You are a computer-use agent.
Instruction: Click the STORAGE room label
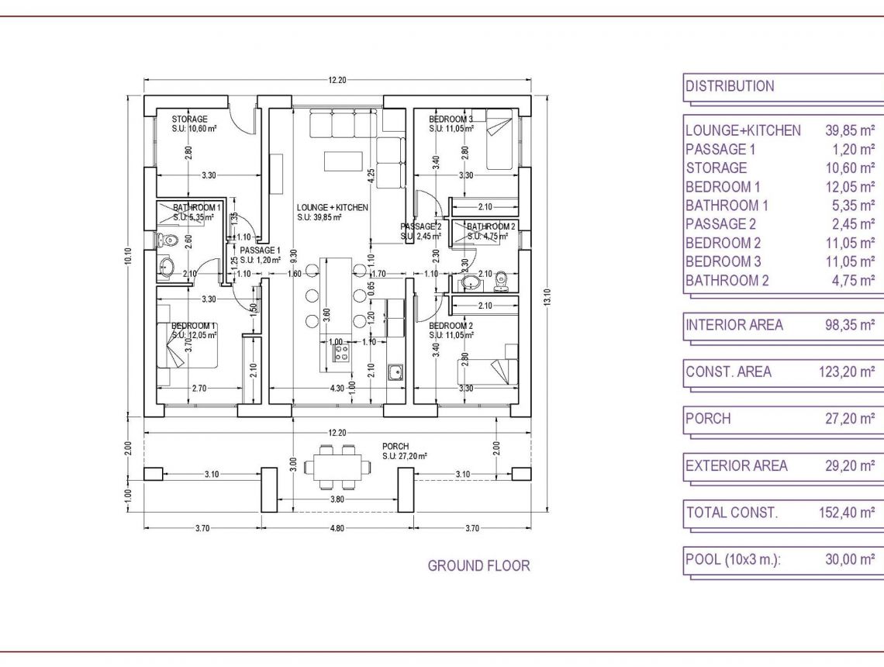tap(189, 119)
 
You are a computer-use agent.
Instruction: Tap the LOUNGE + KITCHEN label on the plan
tap(332, 208)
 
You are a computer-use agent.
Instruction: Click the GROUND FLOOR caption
tap(478, 566)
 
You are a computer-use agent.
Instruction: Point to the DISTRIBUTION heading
tap(730, 86)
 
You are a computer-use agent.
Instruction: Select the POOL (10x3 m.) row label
tap(733, 559)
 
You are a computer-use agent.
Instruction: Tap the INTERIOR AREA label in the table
tap(734, 325)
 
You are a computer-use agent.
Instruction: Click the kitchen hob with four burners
tap(342, 353)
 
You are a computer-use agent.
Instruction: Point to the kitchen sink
tap(395, 372)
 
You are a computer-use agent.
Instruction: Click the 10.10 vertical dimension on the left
tap(129, 256)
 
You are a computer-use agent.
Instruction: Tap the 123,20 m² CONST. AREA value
tap(847, 372)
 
